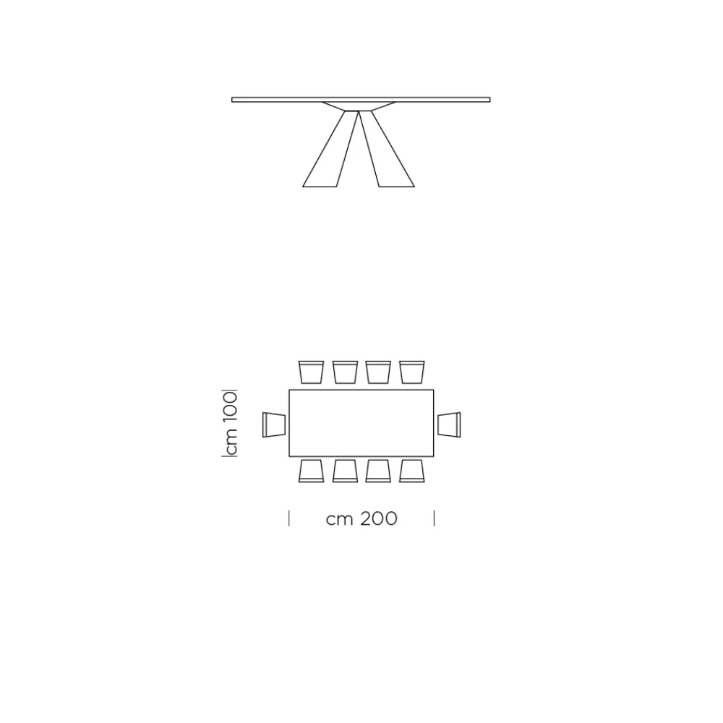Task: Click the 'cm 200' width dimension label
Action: pyautogui.click(x=361, y=518)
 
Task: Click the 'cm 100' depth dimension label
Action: pyautogui.click(x=230, y=423)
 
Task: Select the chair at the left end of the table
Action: pyautogui.click(x=274, y=424)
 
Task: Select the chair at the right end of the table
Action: pyautogui.click(x=449, y=424)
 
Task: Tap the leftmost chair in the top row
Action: pyautogui.click(x=311, y=372)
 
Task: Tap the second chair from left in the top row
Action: pyautogui.click(x=346, y=372)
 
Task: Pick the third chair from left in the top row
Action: pyautogui.click(x=378, y=372)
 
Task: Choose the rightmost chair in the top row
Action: pyautogui.click(x=412, y=372)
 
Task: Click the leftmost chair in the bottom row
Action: pyautogui.click(x=311, y=471)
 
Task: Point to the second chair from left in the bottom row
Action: pyautogui.click(x=346, y=471)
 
